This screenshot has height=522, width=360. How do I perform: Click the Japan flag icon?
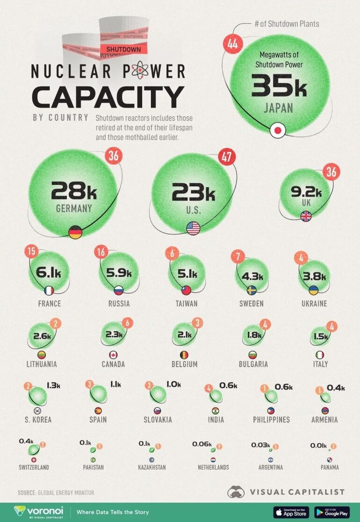pos(279,130)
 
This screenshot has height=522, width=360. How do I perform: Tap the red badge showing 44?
pos(232,44)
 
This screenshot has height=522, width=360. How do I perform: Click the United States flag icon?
pos(193,228)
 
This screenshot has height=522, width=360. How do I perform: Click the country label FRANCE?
pos(50,304)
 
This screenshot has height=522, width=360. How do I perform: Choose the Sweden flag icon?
pos(252,290)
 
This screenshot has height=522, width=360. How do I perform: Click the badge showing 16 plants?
pos(101,253)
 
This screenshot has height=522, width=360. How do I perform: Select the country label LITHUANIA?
pos(41,364)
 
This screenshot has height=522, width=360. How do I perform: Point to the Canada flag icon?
pos(113,355)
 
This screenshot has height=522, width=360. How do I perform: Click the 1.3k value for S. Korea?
pos(53,385)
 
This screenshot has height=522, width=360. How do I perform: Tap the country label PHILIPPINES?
pos(271,420)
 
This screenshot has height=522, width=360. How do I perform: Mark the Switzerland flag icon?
pos(34,460)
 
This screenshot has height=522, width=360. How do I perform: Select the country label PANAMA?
pos(330,467)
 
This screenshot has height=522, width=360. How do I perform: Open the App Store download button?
pos(290,512)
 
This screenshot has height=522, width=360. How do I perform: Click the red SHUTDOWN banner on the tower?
pos(123,49)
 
